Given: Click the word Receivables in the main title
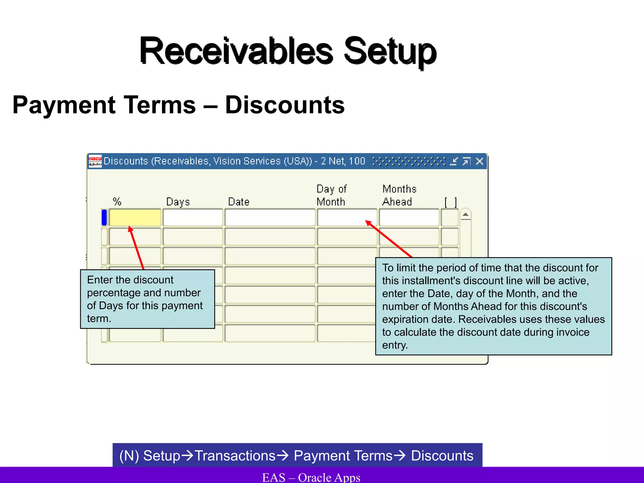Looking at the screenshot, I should [236, 51].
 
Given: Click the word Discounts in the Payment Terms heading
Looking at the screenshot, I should [285, 105].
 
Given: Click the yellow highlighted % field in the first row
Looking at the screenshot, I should [135, 217].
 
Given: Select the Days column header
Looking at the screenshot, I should [178, 202].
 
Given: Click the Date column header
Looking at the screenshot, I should [239, 202].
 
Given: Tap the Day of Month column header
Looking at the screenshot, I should [331, 195].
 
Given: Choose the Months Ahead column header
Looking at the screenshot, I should [399, 195].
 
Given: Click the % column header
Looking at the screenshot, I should [117, 201].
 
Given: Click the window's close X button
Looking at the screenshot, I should [480, 161].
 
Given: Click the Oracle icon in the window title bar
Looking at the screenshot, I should [95, 161].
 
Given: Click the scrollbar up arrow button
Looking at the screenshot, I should [465, 215].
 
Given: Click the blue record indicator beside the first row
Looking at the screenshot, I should [104, 217].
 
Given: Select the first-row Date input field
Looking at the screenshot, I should [270, 217].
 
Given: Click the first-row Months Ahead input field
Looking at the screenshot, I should [409, 217].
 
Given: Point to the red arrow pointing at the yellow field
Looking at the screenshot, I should [137, 247].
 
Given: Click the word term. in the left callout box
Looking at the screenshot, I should [99, 319].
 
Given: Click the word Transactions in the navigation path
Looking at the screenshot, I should [235, 456].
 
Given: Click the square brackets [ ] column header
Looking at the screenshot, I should [450, 202].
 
